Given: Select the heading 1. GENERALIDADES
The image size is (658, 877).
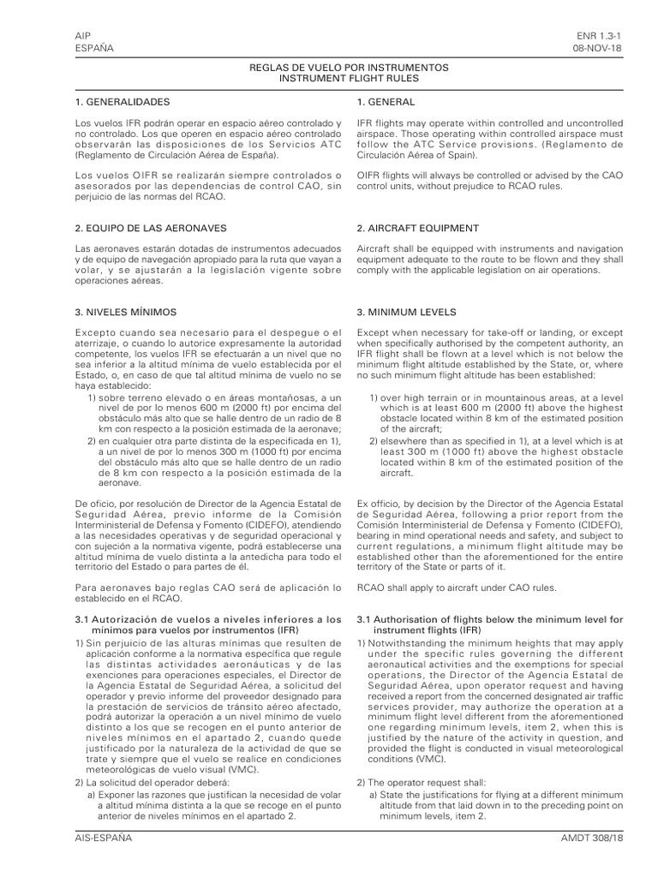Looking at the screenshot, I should pos(129,102).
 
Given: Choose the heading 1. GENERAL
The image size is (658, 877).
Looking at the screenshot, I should pos(386,102).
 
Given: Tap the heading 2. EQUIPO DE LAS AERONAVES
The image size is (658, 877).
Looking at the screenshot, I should pos(151,228).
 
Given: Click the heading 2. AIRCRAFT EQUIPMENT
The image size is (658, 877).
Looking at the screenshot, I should pos(417,228).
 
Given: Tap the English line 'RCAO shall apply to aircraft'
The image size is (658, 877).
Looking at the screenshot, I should pos(456,587).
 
